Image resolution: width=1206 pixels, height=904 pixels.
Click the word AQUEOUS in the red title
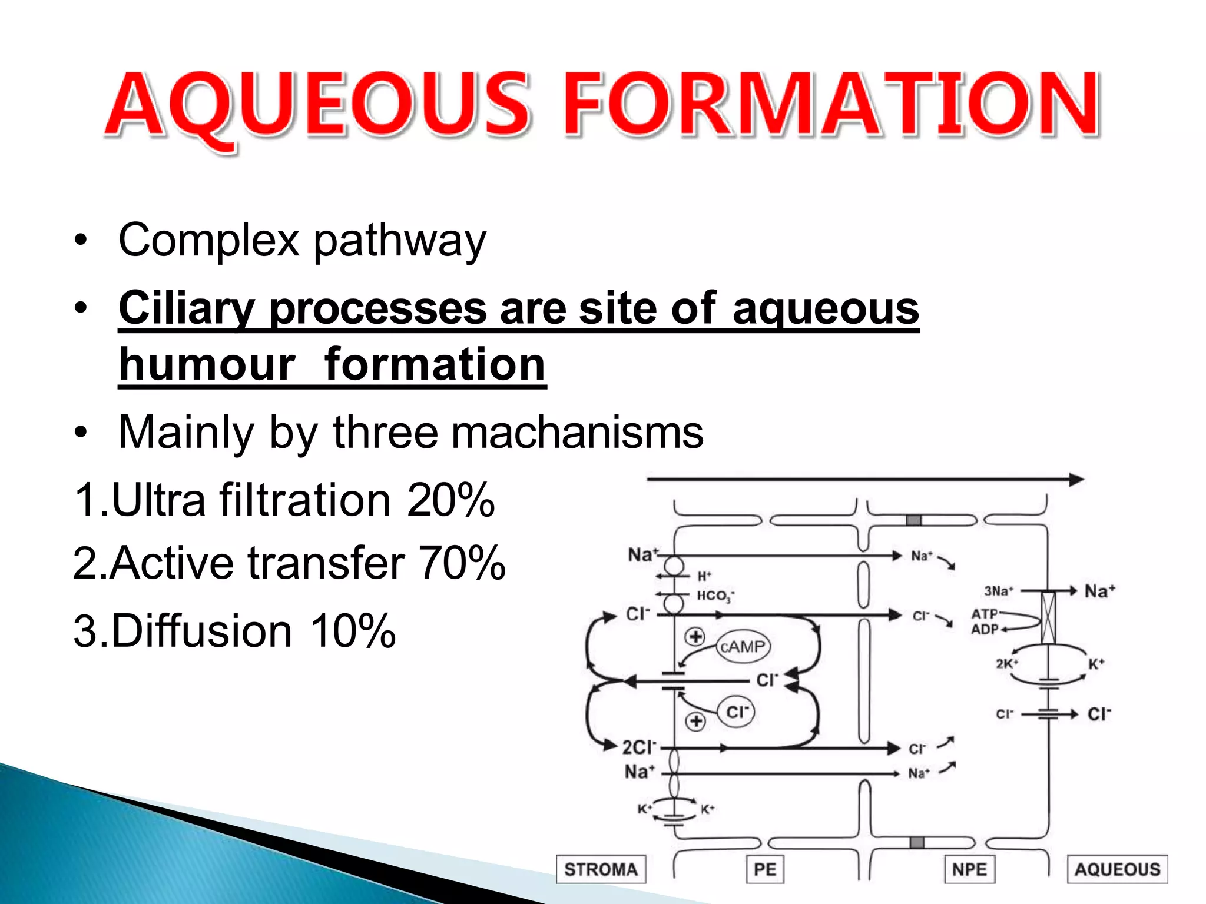[318, 106]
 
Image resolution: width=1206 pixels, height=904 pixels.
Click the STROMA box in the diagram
[601, 869]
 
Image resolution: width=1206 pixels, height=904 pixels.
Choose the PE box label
[765, 869]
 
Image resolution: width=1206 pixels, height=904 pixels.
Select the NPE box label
[969, 869]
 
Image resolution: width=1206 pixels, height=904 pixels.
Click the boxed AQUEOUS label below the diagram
[1117, 869]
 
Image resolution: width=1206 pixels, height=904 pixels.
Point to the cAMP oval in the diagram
[743, 647]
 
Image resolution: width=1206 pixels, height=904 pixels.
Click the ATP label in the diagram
[984, 614]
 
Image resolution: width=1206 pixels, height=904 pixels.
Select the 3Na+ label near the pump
[998, 590]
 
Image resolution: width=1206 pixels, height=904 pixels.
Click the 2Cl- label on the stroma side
[639, 747]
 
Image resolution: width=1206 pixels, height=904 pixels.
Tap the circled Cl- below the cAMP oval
[736, 712]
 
